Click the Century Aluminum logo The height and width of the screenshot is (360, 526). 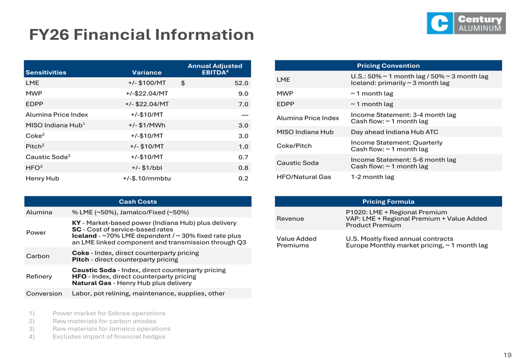(x=466, y=23)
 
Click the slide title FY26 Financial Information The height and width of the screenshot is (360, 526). (x=141, y=35)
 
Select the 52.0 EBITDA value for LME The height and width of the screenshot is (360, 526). (x=241, y=83)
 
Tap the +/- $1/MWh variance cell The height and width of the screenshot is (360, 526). (x=147, y=126)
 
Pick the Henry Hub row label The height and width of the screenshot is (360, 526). (x=42, y=178)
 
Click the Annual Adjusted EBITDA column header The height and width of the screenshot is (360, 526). (x=215, y=69)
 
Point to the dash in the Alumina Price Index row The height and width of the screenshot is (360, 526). (x=245, y=115)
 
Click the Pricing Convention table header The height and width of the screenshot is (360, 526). (x=388, y=66)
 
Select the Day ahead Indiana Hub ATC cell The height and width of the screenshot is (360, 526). (x=394, y=132)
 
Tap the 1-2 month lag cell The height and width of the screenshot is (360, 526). (x=372, y=177)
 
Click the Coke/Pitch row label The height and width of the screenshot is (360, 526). (x=294, y=146)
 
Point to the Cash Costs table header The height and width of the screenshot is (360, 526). (x=138, y=201)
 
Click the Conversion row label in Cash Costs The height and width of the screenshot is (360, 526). (x=44, y=294)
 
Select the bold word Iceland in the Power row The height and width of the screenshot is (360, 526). (x=84, y=236)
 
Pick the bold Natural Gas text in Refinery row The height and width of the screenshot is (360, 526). (x=92, y=283)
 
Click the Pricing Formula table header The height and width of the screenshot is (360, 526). (x=388, y=201)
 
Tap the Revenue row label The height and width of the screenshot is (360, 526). (x=290, y=219)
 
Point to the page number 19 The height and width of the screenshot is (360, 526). (x=507, y=355)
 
